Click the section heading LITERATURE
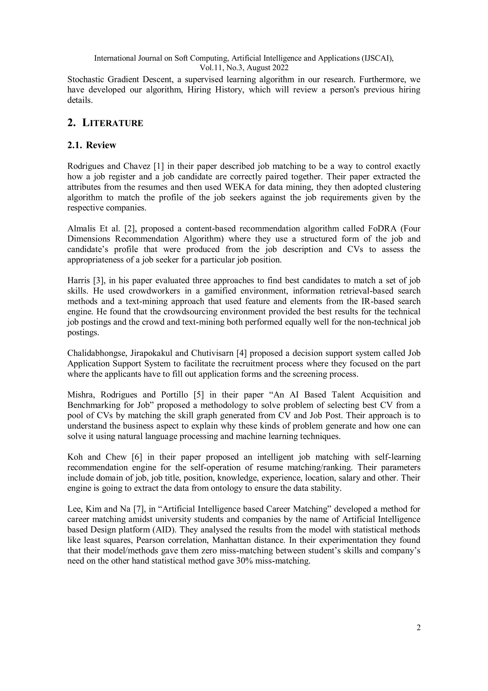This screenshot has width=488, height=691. pos(112,123)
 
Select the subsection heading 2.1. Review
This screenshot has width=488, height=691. pos(91,145)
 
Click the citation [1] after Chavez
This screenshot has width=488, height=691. pos(159,166)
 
